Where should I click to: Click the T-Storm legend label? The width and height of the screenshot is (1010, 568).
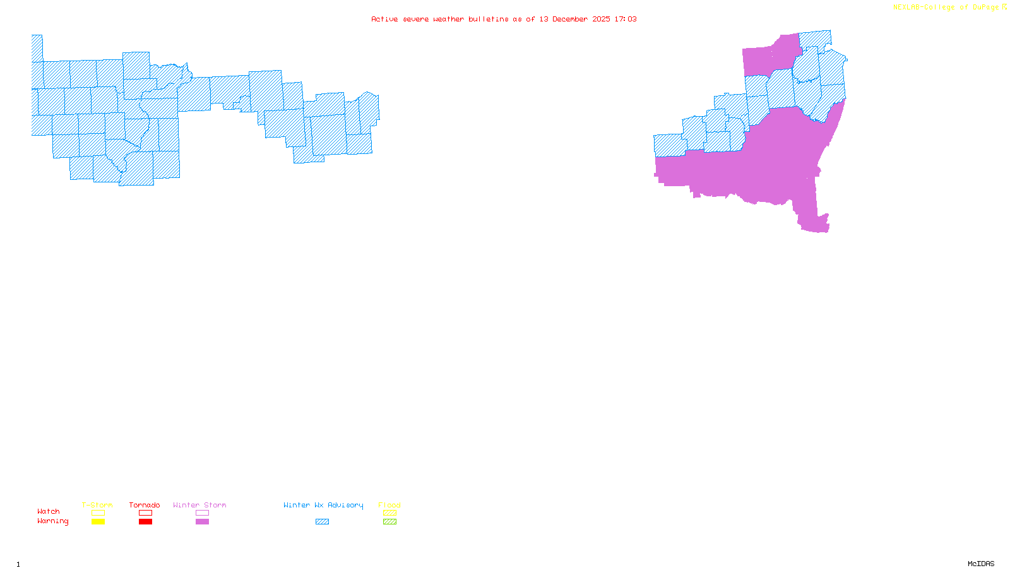(97, 505)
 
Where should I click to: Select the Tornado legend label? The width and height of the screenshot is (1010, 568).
(145, 505)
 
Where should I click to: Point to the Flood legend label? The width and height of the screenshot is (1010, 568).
(389, 505)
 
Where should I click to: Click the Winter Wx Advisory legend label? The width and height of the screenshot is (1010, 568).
(323, 505)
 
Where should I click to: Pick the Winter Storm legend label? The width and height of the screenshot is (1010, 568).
(199, 505)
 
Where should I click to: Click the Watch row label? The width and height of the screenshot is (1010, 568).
(49, 511)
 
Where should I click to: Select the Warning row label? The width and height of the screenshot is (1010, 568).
(53, 521)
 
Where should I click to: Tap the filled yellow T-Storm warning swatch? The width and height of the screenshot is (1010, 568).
(98, 522)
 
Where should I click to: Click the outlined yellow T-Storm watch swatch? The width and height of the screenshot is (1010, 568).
(98, 513)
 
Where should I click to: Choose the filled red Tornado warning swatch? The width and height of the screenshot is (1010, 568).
(145, 522)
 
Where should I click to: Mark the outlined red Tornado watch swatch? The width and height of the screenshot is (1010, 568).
(145, 513)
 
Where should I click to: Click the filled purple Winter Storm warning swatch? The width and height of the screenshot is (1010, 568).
(202, 522)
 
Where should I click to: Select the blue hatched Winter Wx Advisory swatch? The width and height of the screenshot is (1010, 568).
(322, 522)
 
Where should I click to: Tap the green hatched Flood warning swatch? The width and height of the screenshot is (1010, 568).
(390, 522)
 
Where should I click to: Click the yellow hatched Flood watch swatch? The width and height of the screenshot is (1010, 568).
(390, 513)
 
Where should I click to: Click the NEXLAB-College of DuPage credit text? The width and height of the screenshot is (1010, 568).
(946, 8)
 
